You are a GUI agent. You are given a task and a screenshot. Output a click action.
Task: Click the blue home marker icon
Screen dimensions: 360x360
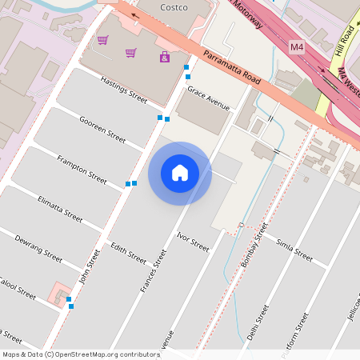(x=180, y=173)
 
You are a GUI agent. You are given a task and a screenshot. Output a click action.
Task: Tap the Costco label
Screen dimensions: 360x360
(x=174, y=7)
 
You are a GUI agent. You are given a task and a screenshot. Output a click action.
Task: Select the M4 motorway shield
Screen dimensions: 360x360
(x=297, y=48)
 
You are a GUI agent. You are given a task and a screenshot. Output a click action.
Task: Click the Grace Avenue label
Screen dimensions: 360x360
(x=208, y=98)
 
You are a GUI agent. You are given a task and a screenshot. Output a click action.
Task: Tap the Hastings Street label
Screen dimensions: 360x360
(x=124, y=90)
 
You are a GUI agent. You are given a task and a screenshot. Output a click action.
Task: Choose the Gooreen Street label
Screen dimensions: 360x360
(x=102, y=129)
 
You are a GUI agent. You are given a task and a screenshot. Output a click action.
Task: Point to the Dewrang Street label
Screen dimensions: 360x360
(x=38, y=247)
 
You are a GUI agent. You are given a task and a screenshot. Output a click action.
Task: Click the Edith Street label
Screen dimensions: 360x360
(x=128, y=253)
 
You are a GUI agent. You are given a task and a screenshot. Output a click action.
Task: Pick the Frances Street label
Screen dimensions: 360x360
(x=153, y=270)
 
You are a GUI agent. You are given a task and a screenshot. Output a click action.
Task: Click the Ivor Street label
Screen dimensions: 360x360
(x=193, y=242)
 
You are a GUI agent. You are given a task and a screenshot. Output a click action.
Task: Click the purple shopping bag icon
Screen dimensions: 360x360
(x=165, y=57)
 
